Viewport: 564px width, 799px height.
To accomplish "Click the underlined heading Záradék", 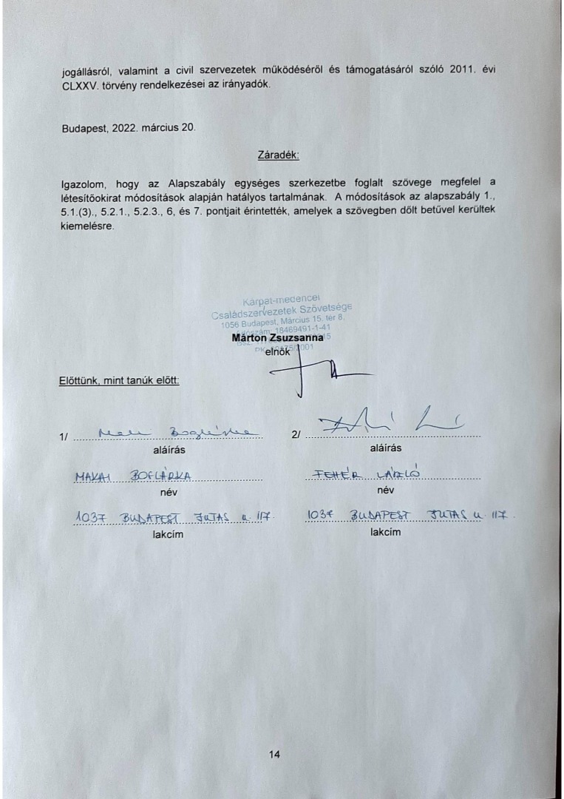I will pyautogui.click(x=277, y=156).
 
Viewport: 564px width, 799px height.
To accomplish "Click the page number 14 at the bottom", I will pyautogui.click(x=275, y=755).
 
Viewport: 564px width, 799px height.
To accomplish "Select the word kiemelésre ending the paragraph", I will pyautogui.click(x=87, y=226).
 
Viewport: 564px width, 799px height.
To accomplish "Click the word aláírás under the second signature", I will pyautogui.click(x=385, y=448).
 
